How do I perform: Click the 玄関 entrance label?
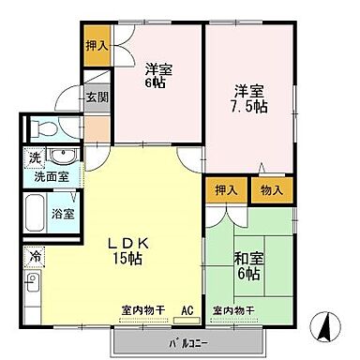pyautogui.click(x=97, y=97)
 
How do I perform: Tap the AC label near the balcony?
pyautogui.click(x=186, y=310)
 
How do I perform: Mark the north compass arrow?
pyautogui.click(x=323, y=329)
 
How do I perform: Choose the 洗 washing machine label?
pyautogui.click(x=33, y=156)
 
